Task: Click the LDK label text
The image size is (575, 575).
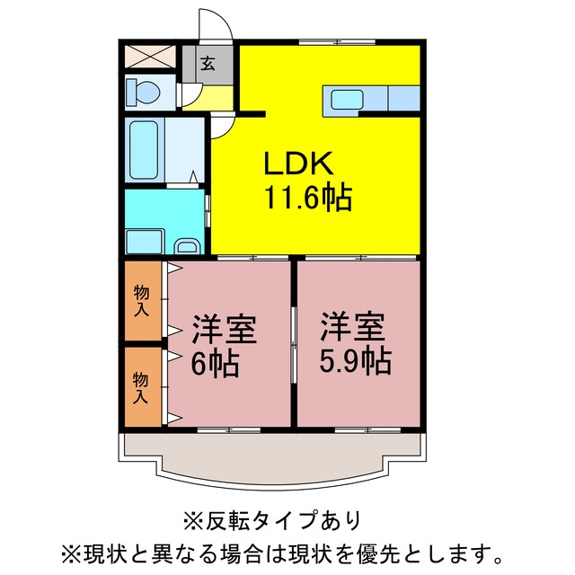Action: click(299, 163)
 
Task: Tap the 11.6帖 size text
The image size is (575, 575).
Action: click(308, 198)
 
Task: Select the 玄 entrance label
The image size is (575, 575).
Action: click(208, 64)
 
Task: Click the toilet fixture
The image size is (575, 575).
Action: click(143, 92)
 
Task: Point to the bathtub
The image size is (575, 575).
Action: click(144, 150)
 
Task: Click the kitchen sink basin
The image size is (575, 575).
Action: click(347, 100)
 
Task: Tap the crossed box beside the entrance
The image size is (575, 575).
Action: click(150, 56)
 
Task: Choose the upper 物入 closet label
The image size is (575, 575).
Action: click(142, 301)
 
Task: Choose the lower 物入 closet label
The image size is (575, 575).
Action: click(140, 387)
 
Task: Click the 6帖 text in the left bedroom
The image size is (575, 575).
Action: click(216, 364)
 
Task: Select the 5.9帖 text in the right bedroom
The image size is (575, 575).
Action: click(356, 361)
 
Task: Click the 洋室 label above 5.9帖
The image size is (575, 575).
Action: click(353, 327)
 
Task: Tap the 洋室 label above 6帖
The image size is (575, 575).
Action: click(224, 329)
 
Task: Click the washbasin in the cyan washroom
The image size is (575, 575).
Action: click(188, 246)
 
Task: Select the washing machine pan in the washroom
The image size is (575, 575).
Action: click(145, 242)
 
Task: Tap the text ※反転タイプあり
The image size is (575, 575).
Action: click(272, 521)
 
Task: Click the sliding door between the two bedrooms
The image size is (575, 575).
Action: click(294, 345)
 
